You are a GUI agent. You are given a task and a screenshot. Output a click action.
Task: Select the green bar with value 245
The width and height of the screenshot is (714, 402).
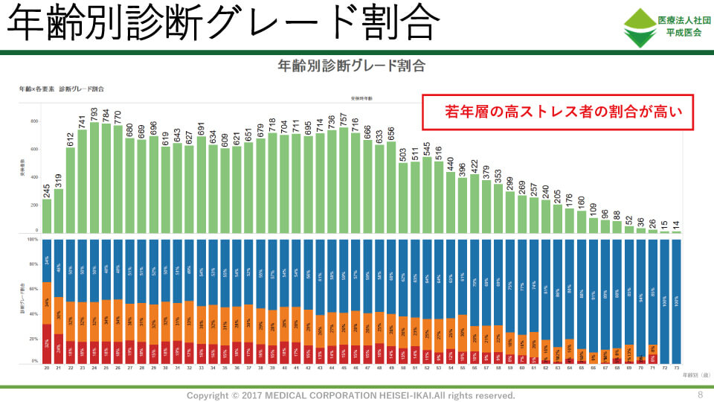46,216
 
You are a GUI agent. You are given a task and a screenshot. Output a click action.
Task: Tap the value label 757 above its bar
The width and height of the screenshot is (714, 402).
343,119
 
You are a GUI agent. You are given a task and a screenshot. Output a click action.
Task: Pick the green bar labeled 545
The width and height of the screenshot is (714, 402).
426,195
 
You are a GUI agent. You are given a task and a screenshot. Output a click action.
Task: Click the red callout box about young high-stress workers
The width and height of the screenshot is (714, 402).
557,112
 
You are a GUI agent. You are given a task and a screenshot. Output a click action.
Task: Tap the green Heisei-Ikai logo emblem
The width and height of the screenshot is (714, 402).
637,28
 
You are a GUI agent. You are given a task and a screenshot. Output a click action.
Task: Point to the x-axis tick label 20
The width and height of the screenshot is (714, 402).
46,368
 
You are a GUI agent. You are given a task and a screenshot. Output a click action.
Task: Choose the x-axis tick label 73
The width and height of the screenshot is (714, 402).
677,368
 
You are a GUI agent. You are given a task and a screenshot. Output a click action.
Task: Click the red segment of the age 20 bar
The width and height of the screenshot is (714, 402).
46,343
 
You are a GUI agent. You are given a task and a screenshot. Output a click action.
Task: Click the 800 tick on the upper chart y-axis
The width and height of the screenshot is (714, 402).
33,121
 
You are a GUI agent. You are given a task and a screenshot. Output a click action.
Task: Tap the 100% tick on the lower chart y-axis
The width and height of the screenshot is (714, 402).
32,240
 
